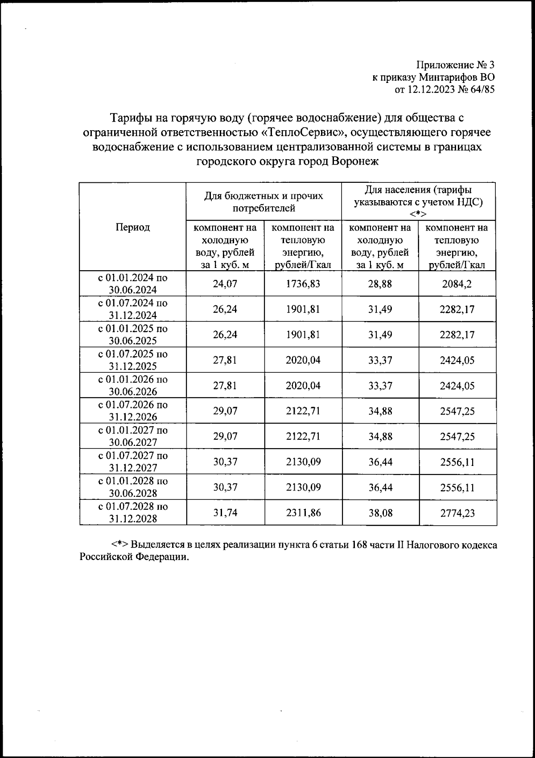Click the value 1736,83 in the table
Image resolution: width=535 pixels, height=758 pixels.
coord(303,284)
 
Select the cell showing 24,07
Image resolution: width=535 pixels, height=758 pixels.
coord(225,284)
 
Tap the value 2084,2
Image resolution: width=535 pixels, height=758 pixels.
coord(457,284)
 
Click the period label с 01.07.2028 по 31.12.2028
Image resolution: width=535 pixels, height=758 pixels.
coord(133,513)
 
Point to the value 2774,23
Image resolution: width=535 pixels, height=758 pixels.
coord(457,513)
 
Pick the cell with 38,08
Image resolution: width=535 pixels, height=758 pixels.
coord(380,513)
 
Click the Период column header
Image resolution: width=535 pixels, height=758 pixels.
coord(133,227)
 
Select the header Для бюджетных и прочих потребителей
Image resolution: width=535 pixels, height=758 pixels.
coord(263,202)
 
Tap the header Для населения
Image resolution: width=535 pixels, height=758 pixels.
coord(418,196)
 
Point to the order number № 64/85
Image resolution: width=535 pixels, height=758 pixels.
coord(477,90)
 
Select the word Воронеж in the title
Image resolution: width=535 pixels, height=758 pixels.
coord(355,161)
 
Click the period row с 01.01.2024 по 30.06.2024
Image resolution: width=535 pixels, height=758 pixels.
coord(133,284)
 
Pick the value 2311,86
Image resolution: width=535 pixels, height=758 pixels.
coord(303,513)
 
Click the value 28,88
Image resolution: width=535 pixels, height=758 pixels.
coord(380,284)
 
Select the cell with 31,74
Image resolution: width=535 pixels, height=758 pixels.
coord(225,513)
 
